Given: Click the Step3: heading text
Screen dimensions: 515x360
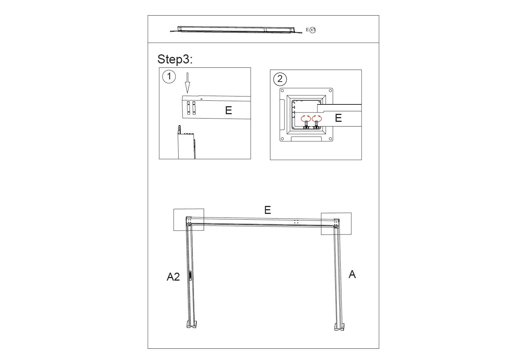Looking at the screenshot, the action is point(175,59).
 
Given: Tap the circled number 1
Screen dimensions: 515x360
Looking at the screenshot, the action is point(169,76).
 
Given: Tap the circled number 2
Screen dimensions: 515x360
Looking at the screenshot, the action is point(280,79).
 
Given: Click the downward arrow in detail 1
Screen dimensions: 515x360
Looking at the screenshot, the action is point(188,83).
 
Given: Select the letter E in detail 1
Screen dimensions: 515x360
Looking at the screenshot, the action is point(228,111).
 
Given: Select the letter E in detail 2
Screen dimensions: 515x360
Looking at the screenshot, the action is point(338,118).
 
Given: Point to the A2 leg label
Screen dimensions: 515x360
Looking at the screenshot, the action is point(173,277).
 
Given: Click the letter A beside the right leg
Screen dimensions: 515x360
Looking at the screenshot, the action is point(352,274).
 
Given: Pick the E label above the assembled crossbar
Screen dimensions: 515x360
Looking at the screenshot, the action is point(267,210).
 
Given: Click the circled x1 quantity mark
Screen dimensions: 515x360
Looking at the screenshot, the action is point(313,30).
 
